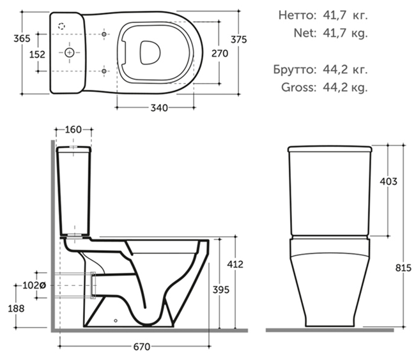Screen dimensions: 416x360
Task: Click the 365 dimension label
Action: [22, 38]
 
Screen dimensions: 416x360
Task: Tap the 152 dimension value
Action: [37, 54]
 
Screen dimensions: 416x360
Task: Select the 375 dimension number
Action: [239, 40]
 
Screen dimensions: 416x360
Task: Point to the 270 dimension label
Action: [220, 54]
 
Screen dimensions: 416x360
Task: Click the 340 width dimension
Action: [159, 108]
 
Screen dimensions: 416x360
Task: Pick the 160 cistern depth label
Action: [73, 130]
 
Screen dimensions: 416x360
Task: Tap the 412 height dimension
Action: [235, 264]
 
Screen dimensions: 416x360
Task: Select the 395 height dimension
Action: [221, 290]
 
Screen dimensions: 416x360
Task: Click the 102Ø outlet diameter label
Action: [35, 285]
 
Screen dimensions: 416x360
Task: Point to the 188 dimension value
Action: [16, 308]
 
